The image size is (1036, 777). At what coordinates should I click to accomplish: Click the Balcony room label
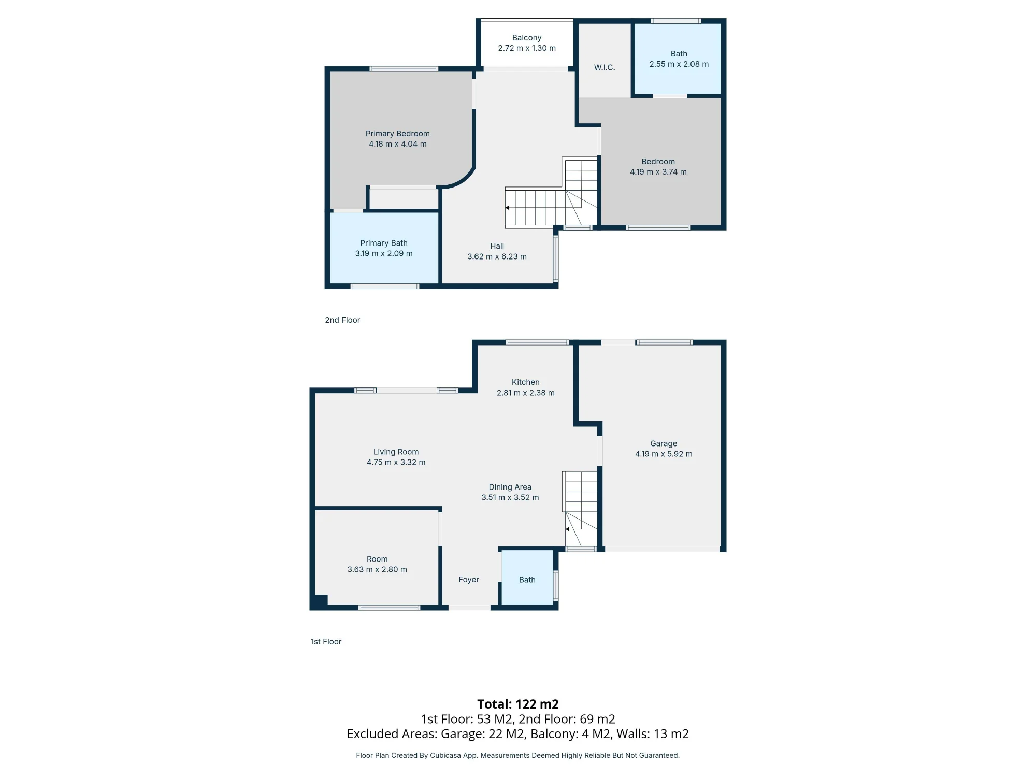pyautogui.click(x=527, y=38)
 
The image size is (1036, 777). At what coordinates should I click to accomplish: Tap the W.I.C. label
pyautogui.click(x=605, y=67)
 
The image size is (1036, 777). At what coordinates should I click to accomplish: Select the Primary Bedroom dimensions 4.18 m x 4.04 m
pyautogui.click(x=398, y=144)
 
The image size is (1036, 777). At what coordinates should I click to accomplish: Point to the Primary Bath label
pyautogui.click(x=384, y=243)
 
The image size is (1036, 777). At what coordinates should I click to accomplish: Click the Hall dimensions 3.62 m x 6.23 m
pyautogui.click(x=497, y=256)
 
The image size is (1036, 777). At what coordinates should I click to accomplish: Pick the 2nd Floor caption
pyautogui.click(x=342, y=320)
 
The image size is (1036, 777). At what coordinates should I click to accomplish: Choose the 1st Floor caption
pyautogui.click(x=326, y=642)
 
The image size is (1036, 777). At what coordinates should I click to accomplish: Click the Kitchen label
pyautogui.click(x=526, y=382)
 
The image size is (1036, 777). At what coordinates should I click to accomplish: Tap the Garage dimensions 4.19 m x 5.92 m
pyautogui.click(x=664, y=454)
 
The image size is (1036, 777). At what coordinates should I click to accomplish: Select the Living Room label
pyautogui.click(x=396, y=452)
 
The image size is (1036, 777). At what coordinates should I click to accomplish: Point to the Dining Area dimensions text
pyautogui.click(x=510, y=497)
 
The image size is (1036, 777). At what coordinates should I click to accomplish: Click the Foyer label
pyautogui.click(x=469, y=580)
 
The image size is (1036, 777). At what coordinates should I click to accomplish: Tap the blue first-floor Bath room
pyautogui.click(x=527, y=577)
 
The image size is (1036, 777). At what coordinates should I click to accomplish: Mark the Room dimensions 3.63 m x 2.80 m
pyautogui.click(x=377, y=569)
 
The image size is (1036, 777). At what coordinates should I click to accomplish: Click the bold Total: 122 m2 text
pyautogui.click(x=518, y=704)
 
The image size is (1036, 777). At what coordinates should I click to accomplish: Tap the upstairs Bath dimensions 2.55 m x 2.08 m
pyautogui.click(x=679, y=64)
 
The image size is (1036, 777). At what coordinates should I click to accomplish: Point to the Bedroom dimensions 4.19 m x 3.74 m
pyautogui.click(x=658, y=172)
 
